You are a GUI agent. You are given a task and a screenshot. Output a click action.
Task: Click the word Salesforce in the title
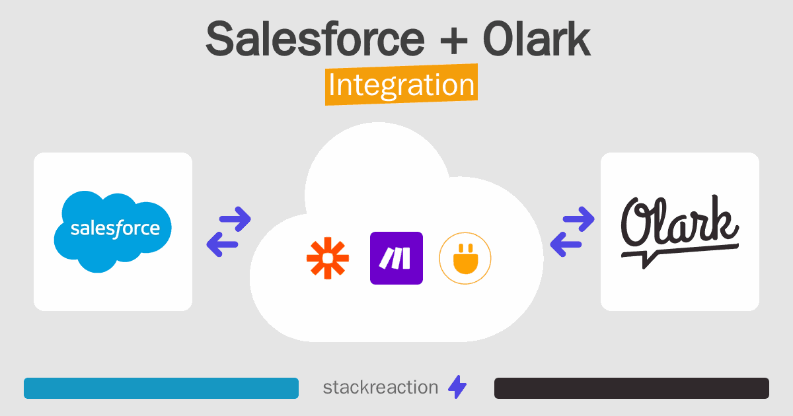click(x=315, y=40)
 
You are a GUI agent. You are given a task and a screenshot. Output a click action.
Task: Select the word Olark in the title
click(x=536, y=40)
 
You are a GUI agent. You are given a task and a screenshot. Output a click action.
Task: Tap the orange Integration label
click(x=401, y=86)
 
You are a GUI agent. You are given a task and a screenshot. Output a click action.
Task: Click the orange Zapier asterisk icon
click(x=328, y=258)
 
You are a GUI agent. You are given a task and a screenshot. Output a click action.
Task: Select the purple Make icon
click(x=397, y=258)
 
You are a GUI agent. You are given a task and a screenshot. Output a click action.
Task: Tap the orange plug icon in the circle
click(x=465, y=258)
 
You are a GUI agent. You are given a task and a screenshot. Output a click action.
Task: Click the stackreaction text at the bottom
click(x=380, y=388)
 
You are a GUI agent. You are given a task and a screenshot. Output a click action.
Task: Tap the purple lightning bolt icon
click(x=457, y=388)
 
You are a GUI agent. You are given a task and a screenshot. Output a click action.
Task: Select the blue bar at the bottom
click(x=161, y=388)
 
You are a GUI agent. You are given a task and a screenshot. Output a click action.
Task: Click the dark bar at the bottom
click(x=632, y=388)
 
